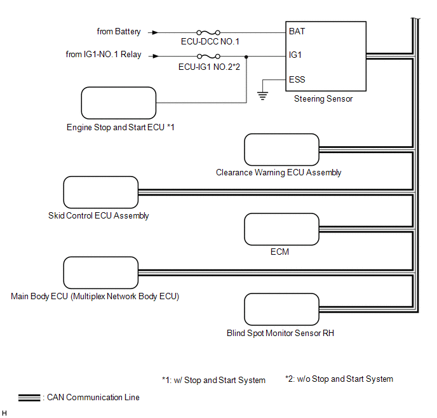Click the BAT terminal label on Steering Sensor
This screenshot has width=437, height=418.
tap(297, 30)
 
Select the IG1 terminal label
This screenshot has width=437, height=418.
tap(295, 55)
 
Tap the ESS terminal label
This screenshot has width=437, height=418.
tap(297, 79)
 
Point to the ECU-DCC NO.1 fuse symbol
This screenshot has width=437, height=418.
tap(208, 31)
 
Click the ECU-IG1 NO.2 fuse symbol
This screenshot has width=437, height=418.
tap(208, 55)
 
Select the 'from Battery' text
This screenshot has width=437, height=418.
tap(119, 31)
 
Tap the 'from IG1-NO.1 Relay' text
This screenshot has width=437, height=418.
tap(104, 55)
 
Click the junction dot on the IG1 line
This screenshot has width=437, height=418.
tap(246, 55)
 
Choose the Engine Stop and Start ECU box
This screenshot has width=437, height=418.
tap(119, 103)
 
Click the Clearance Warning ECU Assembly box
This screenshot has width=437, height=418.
tap(281, 150)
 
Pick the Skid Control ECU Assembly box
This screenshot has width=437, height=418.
tap(101, 192)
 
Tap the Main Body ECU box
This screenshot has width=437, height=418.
tap(101, 273)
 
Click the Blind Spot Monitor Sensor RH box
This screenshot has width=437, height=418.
tap(281, 309)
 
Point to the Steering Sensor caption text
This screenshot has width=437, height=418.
tap(323, 99)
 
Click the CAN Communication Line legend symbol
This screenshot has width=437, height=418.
tap(30, 398)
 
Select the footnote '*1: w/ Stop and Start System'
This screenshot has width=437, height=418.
tap(213, 380)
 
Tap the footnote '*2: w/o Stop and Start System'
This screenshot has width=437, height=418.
tap(339, 379)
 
